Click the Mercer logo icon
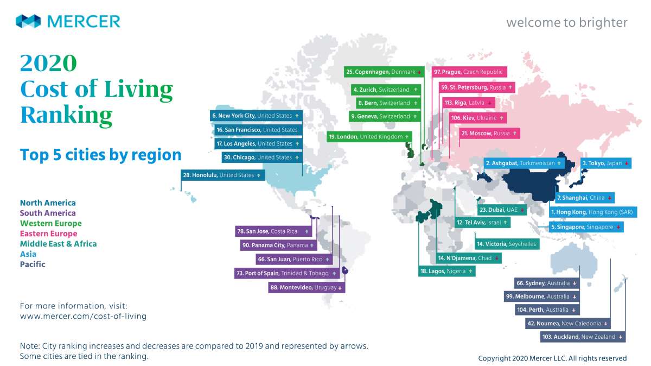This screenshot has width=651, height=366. pyautogui.click(x=28, y=21)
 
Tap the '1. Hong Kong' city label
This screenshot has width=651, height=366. pyautogui.click(x=593, y=212)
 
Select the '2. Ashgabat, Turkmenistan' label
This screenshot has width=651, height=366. pyautogui.click(x=524, y=163)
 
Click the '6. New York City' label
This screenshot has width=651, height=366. pyautogui.click(x=256, y=116)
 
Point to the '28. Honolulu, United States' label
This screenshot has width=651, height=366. pyautogui.click(x=222, y=175)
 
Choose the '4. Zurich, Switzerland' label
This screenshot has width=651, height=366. pyautogui.click(x=386, y=90)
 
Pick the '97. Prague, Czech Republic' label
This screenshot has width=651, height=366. pyautogui.click(x=469, y=72)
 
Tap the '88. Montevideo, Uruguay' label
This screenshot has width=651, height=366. pyautogui.click(x=307, y=287)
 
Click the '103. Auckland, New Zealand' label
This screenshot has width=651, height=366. pyautogui.click(x=583, y=337)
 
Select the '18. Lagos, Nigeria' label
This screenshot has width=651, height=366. pyautogui.click(x=447, y=271)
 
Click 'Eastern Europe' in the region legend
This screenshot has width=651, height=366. pyautogui.click(x=48, y=234)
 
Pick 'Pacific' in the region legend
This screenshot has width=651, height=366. pyautogui.click(x=33, y=264)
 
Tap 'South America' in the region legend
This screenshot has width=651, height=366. pyautogui.click(x=48, y=213)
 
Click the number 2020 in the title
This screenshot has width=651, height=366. pyautogui.click(x=48, y=62)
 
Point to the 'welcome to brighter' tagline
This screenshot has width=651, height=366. pyautogui.click(x=567, y=23)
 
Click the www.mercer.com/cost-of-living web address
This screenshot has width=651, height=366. pyautogui.click(x=83, y=316)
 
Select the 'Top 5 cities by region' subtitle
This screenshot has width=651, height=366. pyautogui.click(x=100, y=155)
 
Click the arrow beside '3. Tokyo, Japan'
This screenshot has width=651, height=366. pyautogui.click(x=626, y=163)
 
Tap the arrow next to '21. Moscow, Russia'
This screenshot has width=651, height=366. pyautogui.click(x=514, y=133)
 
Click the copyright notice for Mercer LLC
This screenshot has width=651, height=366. pyautogui.click(x=552, y=358)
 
